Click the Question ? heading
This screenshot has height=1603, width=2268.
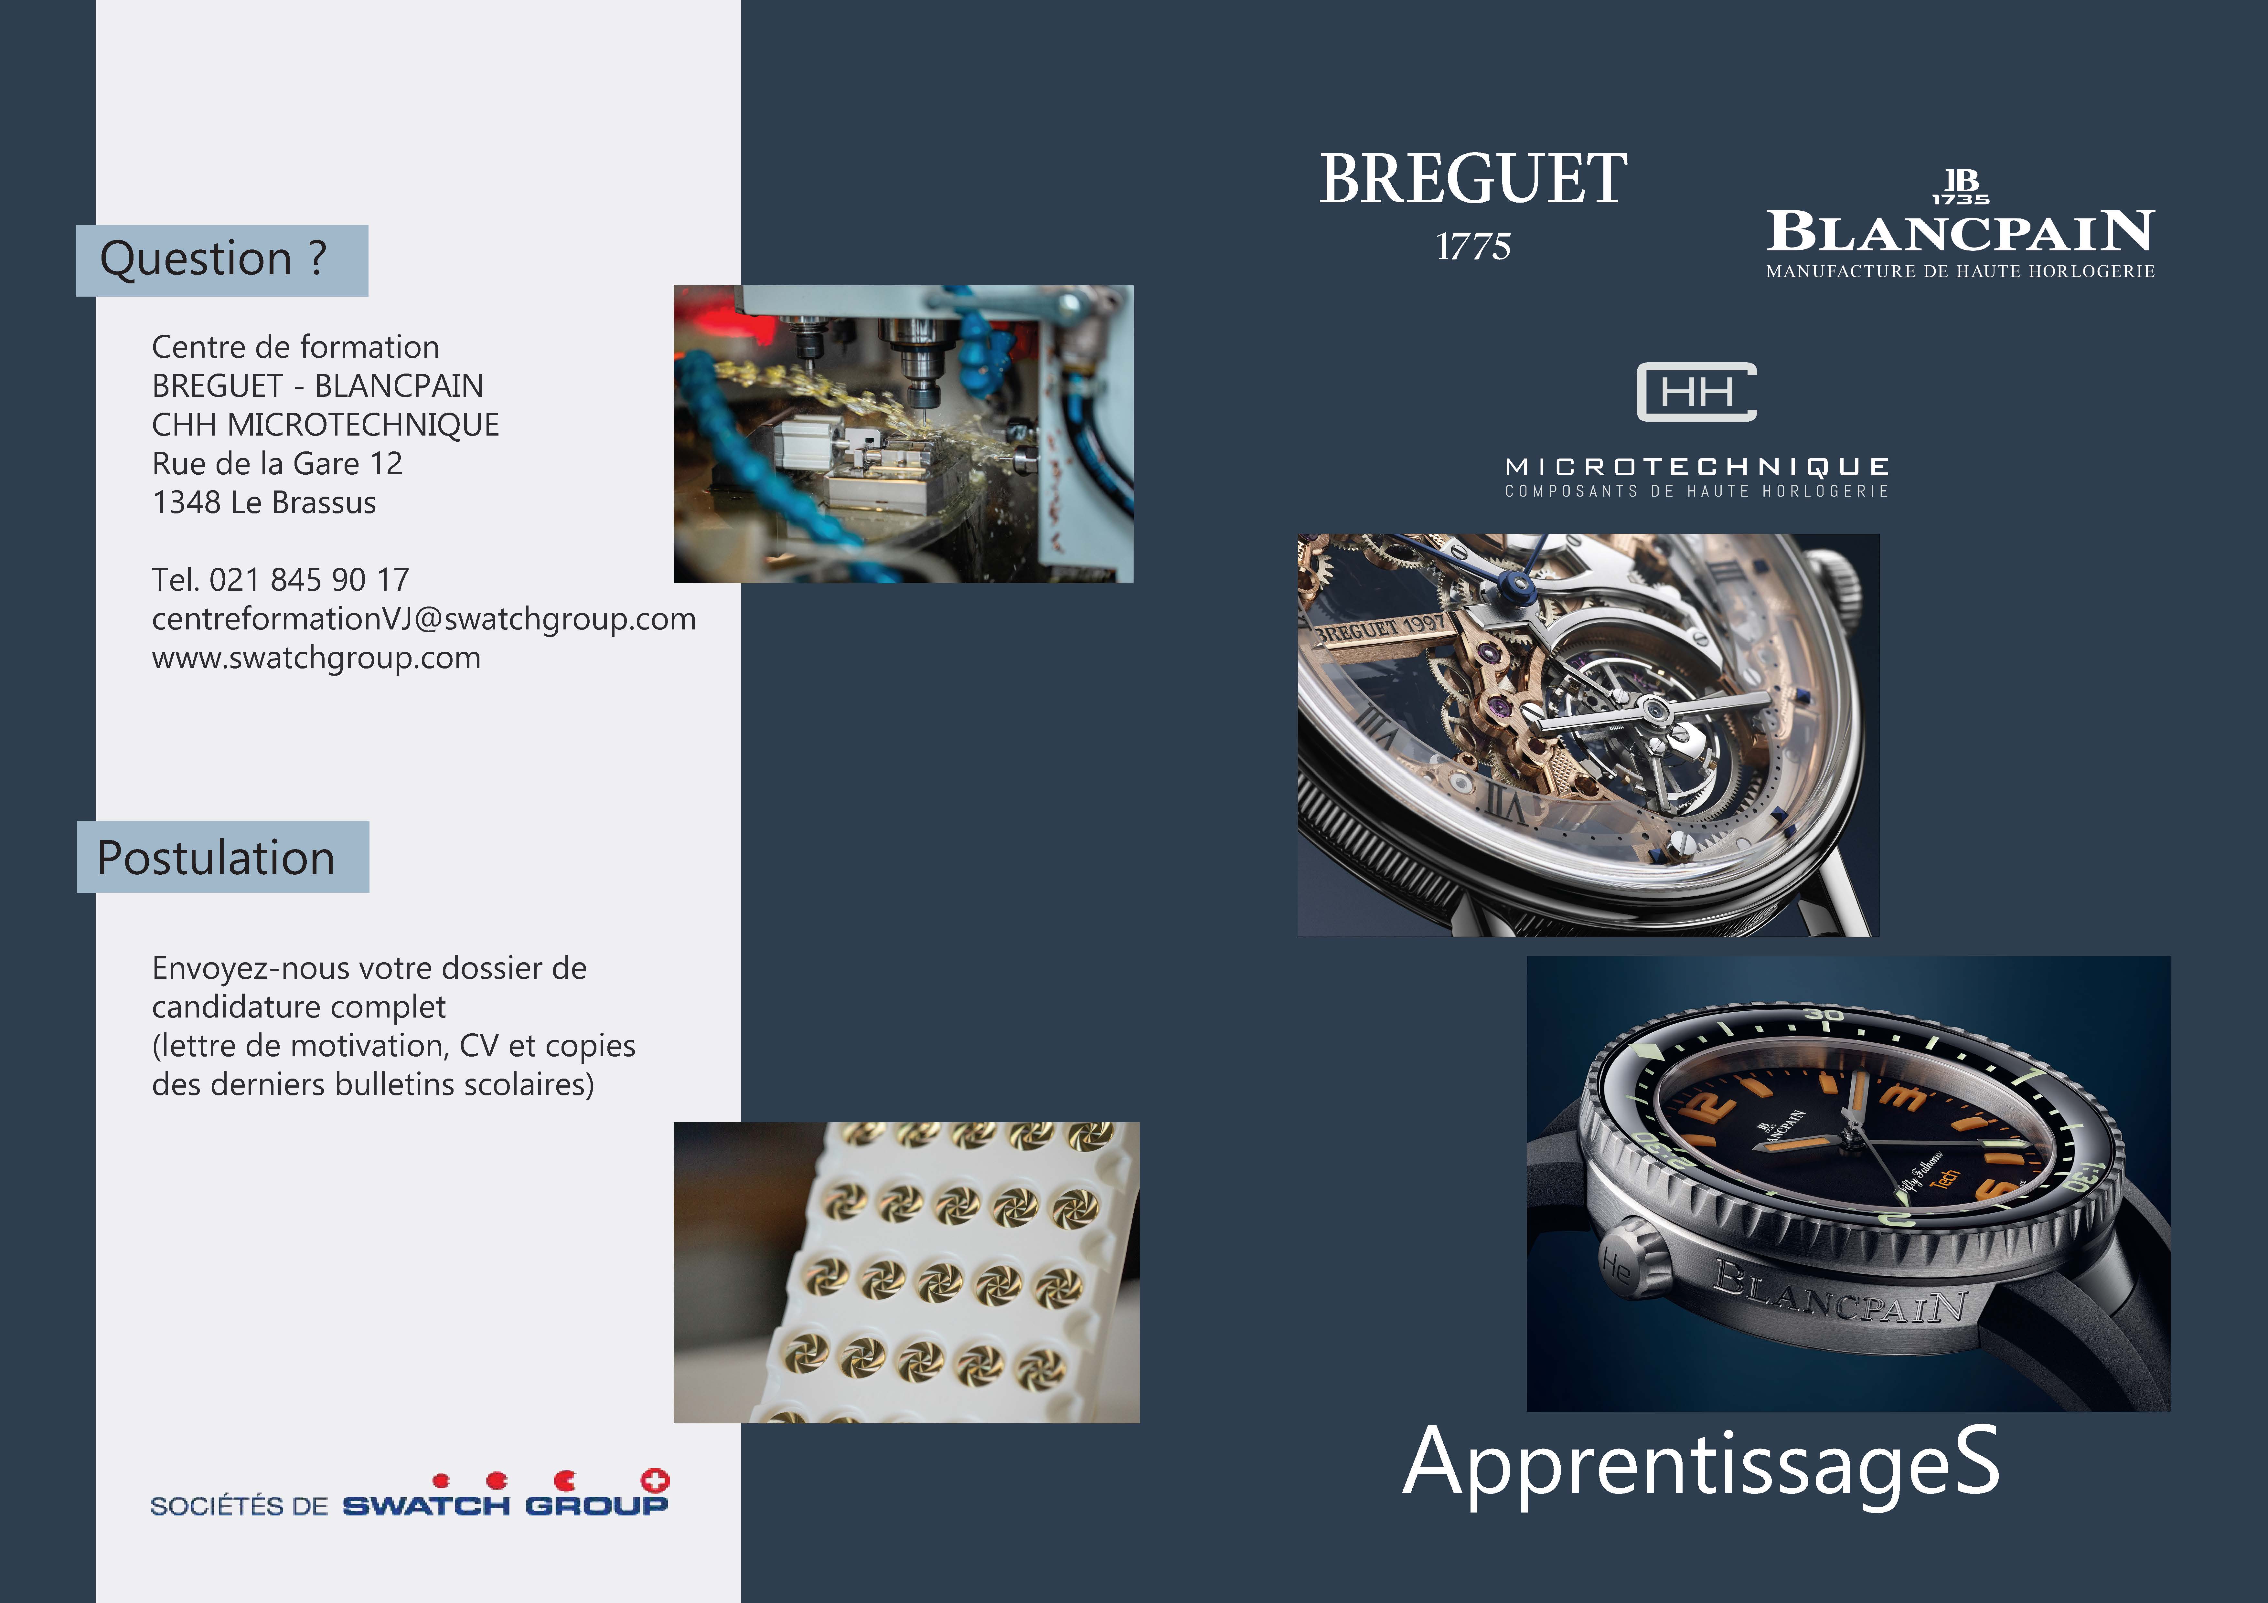pos(213,259)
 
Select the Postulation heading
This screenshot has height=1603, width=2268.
pos(216,857)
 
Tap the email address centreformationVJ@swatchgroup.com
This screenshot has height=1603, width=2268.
pos(424,619)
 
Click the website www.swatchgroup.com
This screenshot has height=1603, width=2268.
pos(316,658)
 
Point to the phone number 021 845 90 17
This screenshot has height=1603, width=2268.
pos(309,580)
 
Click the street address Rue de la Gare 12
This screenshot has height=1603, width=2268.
pos(278,463)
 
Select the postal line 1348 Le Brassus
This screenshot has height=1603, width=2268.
pos(264,503)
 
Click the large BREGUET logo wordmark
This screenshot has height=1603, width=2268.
pos(1473,180)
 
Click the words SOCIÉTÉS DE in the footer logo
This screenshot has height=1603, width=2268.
pos(239,1506)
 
